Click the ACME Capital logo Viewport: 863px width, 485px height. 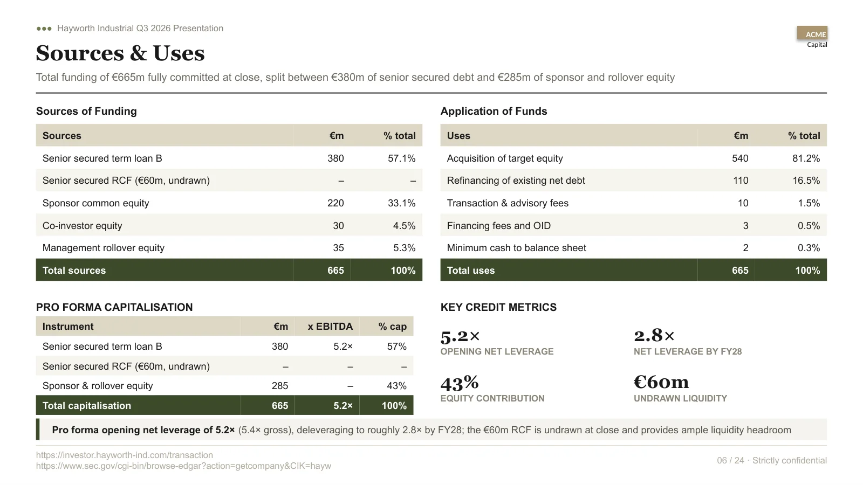(812, 37)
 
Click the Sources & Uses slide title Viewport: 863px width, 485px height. (120, 53)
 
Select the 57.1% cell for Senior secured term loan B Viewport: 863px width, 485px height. (401, 158)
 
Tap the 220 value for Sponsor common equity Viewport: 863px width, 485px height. (335, 203)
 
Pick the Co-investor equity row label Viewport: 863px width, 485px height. (82, 226)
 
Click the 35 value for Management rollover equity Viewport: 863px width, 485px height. (338, 248)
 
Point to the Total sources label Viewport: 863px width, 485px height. (74, 270)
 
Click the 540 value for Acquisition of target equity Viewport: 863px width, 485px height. (740, 158)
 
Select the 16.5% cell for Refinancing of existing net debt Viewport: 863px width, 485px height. (806, 181)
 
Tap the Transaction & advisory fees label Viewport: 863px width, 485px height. (508, 203)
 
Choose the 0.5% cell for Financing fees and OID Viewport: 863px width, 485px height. (809, 226)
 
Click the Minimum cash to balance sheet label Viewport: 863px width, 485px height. (516, 248)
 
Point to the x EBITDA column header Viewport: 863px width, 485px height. (330, 327)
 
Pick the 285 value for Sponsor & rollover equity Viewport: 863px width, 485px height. (280, 386)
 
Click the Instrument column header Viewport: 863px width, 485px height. (68, 327)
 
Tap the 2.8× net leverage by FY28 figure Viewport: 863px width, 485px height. (654, 336)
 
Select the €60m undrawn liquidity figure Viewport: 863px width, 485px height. (661, 382)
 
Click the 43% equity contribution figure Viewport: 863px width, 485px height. (459, 383)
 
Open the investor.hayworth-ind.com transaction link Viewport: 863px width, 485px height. (125, 455)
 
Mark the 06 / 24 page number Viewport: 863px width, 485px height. (730, 460)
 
